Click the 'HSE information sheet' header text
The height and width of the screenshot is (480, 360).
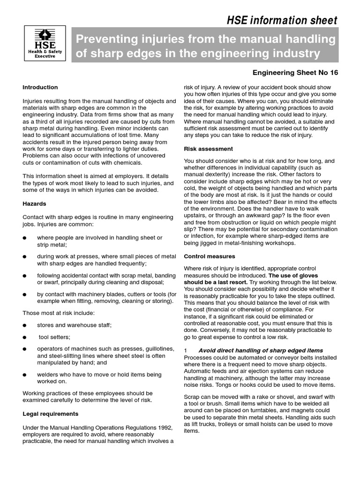click(282, 20)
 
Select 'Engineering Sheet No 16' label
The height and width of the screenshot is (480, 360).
click(295, 73)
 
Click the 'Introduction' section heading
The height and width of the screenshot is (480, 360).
click(40, 87)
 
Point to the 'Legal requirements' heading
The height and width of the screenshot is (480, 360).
click(51, 414)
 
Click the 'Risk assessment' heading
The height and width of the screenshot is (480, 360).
click(208, 149)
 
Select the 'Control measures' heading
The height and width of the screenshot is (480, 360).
click(210, 256)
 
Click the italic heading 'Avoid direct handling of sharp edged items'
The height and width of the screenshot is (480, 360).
click(261, 351)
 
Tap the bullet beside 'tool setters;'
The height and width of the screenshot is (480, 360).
click(25, 337)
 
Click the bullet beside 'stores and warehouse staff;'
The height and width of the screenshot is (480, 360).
click(25, 325)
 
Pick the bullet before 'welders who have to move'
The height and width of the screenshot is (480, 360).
click(25, 375)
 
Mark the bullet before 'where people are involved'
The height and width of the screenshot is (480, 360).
click(25, 238)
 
